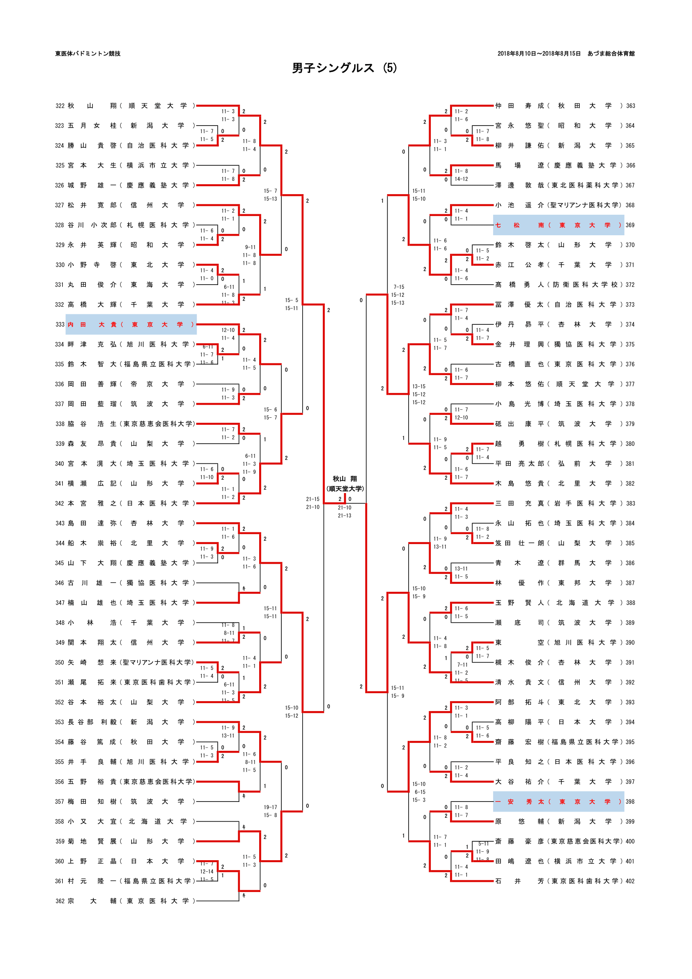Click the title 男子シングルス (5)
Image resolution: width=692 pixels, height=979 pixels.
[344, 68]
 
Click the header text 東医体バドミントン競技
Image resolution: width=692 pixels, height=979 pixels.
[88, 54]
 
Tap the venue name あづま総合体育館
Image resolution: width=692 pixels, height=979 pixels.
[610, 54]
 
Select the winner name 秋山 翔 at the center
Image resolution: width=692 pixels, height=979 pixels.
[345, 479]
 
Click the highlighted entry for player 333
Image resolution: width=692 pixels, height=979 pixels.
[131, 324]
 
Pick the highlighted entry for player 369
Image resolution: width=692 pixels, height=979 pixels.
[558, 225]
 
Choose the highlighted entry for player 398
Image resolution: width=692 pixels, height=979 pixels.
[558, 802]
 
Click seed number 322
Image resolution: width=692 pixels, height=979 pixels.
[60, 106]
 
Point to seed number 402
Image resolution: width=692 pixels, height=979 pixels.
[630, 881]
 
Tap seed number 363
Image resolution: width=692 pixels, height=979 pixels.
[630, 106]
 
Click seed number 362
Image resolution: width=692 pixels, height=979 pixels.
[60, 901]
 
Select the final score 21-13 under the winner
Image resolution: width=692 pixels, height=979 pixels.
[345, 516]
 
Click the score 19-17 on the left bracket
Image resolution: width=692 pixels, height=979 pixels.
[270, 807]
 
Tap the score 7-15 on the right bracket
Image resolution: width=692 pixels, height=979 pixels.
[399, 287]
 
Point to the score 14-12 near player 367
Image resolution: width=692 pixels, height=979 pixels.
[461, 179]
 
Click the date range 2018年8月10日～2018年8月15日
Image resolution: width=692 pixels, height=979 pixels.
[539, 54]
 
